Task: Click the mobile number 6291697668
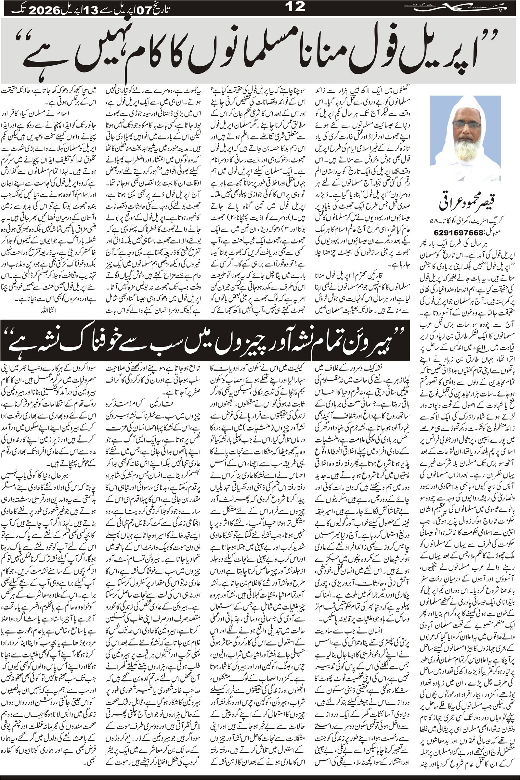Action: (454, 231)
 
